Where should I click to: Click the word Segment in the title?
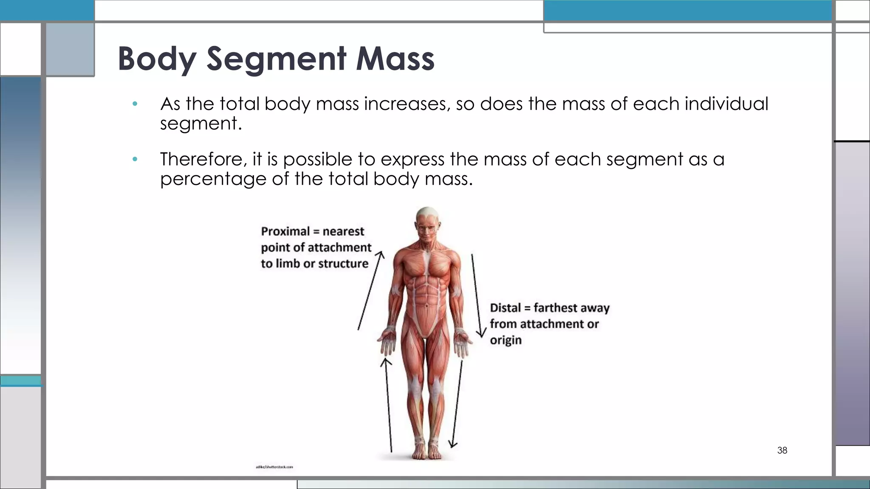(x=276, y=59)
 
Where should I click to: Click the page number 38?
(x=782, y=450)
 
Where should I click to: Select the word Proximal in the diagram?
(x=285, y=231)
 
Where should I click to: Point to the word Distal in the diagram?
(x=505, y=308)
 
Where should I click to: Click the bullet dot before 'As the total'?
(x=135, y=104)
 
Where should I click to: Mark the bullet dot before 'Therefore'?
(x=135, y=160)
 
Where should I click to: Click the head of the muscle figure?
(x=427, y=223)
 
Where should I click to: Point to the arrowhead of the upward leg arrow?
(x=386, y=362)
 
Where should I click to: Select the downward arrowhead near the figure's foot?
(x=453, y=444)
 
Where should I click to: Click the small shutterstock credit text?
(x=274, y=467)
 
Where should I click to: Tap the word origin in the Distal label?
(x=506, y=340)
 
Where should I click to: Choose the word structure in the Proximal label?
(x=343, y=264)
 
